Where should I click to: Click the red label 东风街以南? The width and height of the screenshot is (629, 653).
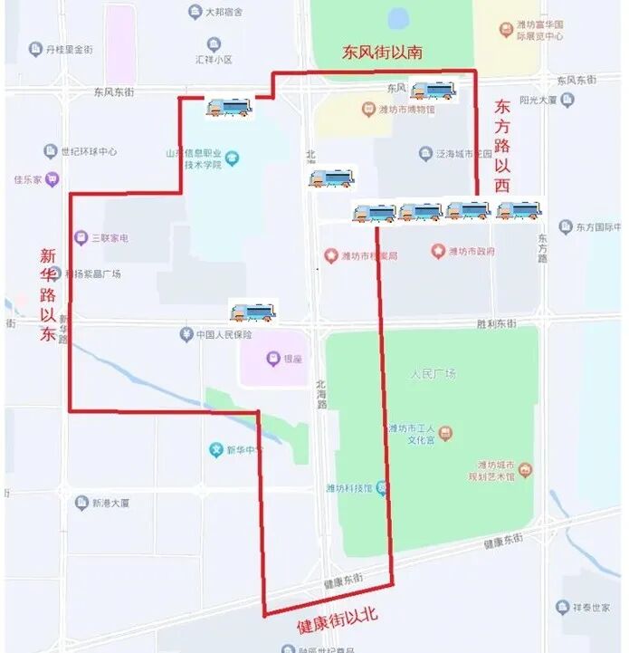pyautogui.click(x=382, y=53)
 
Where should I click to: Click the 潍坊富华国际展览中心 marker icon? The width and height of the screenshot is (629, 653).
pyautogui.click(x=507, y=30)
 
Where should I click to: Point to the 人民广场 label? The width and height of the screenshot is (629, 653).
pyautogui.click(x=433, y=373)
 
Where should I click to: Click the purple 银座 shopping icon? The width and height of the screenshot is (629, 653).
pyautogui.click(x=272, y=359)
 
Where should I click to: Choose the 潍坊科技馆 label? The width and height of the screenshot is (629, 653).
pyautogui.click(x=349, y=488)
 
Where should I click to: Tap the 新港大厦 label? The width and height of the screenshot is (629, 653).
pyautogui.click(x=110, y=503)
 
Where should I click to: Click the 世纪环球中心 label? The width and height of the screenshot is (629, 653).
pyautogui.click(x=88, y=151)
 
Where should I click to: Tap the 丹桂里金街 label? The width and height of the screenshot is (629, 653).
pyautogui.click(x=69, y=49)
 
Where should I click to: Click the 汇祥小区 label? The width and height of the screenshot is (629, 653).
pyautogui.click(x=214, y=59)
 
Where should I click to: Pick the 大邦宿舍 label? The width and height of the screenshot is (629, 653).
pyautogui.click(x=225, y=12)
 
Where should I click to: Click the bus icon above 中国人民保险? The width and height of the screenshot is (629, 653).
pyautogui.click(x=253, y=312)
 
